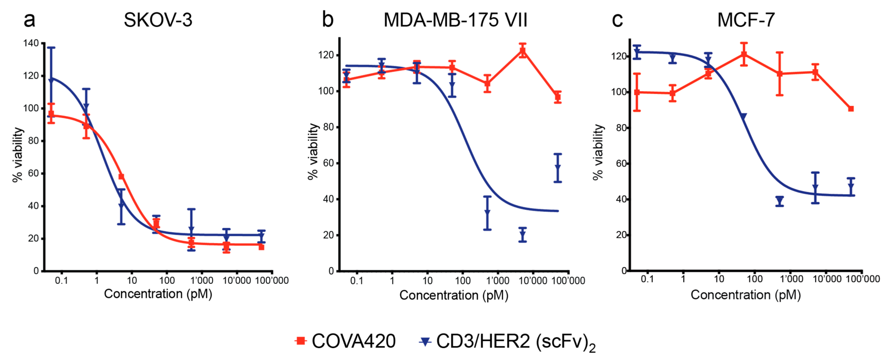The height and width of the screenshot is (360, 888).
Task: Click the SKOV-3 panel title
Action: (x=158, y=20)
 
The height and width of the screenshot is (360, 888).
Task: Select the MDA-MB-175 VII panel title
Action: (x=455, y=20)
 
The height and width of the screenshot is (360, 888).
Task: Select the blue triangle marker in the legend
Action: (x=425, y=341)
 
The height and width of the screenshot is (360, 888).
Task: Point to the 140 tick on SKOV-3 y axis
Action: (x=31, y=43)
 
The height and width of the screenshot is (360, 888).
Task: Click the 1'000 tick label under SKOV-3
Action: (x=202, y=280)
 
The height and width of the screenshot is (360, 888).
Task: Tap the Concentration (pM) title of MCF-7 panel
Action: (x=745, y=295)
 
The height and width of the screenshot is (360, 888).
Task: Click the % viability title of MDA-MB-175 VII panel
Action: (x=313, y=152)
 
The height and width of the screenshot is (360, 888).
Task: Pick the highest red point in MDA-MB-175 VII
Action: (x=523, y=51)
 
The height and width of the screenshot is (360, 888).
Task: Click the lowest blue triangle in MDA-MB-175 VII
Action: (x=523, y=235)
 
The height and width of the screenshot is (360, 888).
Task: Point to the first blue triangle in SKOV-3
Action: (x=51, y=80)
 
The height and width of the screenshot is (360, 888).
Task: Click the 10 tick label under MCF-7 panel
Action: (x=719, y=279)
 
